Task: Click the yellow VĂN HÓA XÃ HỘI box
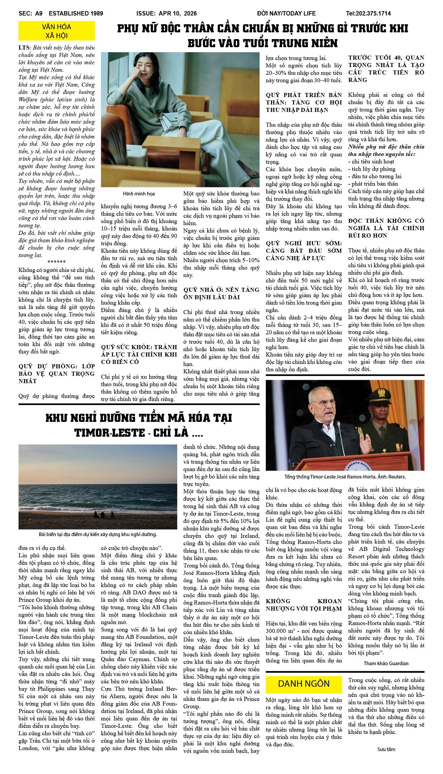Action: point(57,31)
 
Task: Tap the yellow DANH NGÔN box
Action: point(304,684)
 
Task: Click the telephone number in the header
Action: point(368,13)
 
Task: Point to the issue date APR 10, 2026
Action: point(178,13)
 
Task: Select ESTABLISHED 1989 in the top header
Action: point(76,13)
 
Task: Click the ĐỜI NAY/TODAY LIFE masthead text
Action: point(286,13)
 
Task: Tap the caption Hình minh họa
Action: point(139,194)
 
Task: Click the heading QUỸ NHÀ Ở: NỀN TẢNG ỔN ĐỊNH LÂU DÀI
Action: point(221,293)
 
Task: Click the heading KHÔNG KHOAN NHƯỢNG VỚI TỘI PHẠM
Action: point(304,605)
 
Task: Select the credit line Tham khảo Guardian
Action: point(386,663)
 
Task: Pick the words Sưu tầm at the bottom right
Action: point(386,749)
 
